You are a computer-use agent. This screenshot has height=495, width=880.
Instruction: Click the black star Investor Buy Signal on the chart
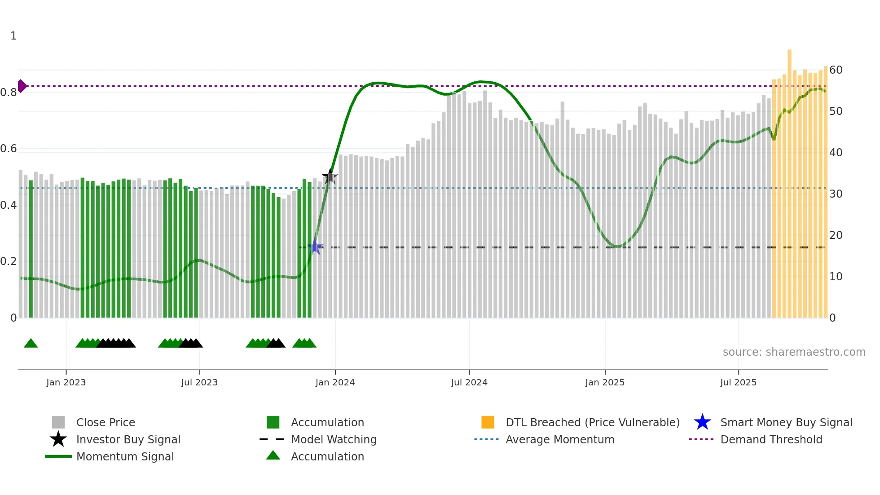[x=330, y=177]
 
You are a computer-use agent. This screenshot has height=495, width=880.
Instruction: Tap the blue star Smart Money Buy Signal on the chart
[x=315, y=247]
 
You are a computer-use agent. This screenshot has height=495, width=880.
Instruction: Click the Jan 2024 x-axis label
[x=335, y=382]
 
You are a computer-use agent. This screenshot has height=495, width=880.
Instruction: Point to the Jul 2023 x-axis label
[x=199, y=382]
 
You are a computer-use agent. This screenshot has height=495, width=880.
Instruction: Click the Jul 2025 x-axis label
[x=738, y=382]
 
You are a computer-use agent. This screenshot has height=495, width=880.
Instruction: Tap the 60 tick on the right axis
[x=836, y=70]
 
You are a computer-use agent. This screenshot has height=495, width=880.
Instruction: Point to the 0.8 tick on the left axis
[x=9, y=93]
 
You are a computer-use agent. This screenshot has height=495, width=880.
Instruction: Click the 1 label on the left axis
[x=13, y=36]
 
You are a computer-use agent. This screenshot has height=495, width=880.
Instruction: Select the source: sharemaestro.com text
[x=794, y=352]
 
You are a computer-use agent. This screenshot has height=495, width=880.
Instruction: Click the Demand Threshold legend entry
[x=771, y=439]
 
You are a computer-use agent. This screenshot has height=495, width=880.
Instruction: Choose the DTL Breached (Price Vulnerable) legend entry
[x=592, y=422]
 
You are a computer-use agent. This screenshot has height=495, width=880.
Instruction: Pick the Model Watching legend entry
[x=333, y=439]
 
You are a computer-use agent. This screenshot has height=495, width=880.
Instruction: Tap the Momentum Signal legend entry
[x=125, y=456]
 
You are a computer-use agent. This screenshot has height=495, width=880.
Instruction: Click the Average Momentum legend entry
[x=559, y=439]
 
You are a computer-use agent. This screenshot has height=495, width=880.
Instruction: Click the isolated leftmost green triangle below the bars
[x=31, y=344]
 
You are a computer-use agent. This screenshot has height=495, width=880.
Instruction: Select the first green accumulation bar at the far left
[x=31, y=249]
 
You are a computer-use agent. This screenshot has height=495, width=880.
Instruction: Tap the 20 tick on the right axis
[x=836, y=235]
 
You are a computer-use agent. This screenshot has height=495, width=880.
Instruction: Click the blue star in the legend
[x=702, y=422]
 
